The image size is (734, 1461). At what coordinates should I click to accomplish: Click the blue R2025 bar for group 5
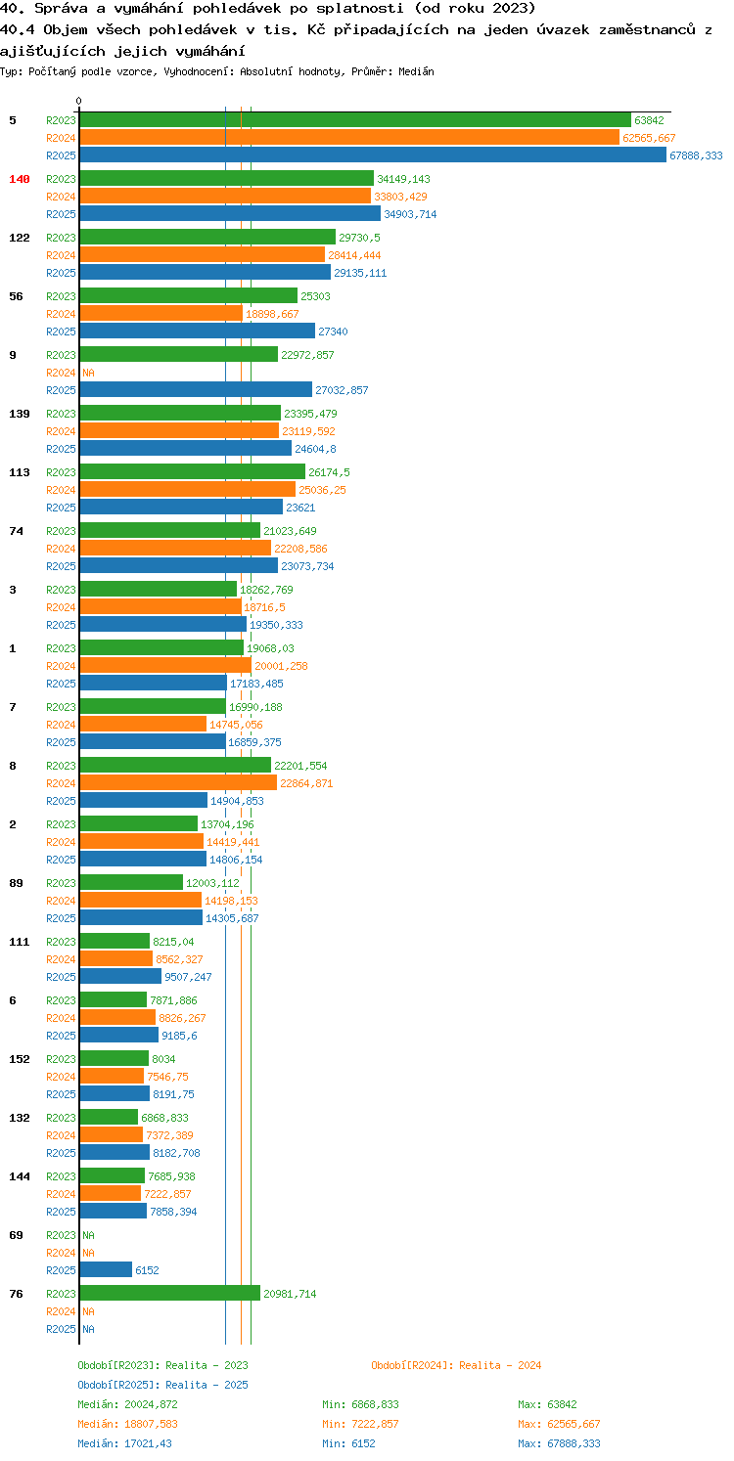[373, 155]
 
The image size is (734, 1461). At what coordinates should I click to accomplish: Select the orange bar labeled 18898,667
[161, 314]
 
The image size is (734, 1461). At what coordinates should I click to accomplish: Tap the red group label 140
[20, 179]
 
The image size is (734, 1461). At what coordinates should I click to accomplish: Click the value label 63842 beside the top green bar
[649, 120]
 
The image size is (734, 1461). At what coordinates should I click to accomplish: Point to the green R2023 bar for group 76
[169, 1294]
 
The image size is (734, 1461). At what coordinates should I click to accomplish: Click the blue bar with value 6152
[106, 1270]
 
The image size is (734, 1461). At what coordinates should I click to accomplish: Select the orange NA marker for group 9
[88, 374]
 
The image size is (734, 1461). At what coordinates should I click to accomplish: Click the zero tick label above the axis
[79, 101]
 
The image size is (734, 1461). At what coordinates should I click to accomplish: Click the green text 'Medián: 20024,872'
[127, 1404]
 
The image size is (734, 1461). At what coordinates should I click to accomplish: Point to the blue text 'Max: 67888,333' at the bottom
[559, 1443]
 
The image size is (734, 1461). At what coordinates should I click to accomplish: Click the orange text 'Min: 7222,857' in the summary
[360, 1424]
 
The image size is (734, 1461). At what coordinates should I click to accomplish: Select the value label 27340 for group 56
[333, 332]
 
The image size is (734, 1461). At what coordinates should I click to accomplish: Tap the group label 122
[20, 238]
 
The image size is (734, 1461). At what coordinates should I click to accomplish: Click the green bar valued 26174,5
[193, 471]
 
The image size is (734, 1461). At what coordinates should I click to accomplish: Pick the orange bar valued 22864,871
[178, 782]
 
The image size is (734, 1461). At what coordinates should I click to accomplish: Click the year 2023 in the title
[514, 9]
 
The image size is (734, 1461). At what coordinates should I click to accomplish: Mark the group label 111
[20, 942]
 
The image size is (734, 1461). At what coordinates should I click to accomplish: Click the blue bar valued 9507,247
[120, 976]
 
